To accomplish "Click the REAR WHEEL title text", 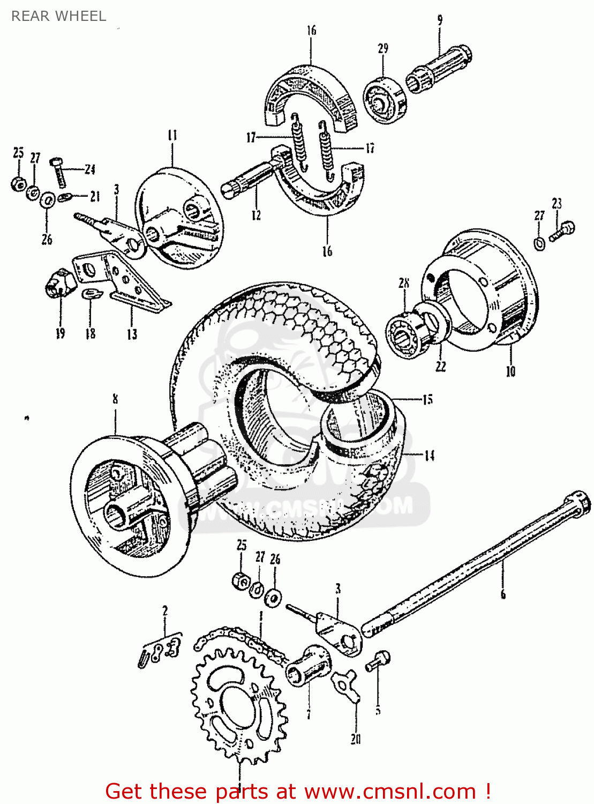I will point(58,16).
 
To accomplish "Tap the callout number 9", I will point(440,21).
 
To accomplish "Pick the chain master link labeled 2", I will point(160,651).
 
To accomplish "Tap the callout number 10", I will point(510,371).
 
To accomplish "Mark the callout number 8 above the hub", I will point(115,399).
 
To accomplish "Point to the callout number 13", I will point(132,334).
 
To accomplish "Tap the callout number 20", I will point(356,739).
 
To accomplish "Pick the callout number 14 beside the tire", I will point(429,456).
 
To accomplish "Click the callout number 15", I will point(427,399).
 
